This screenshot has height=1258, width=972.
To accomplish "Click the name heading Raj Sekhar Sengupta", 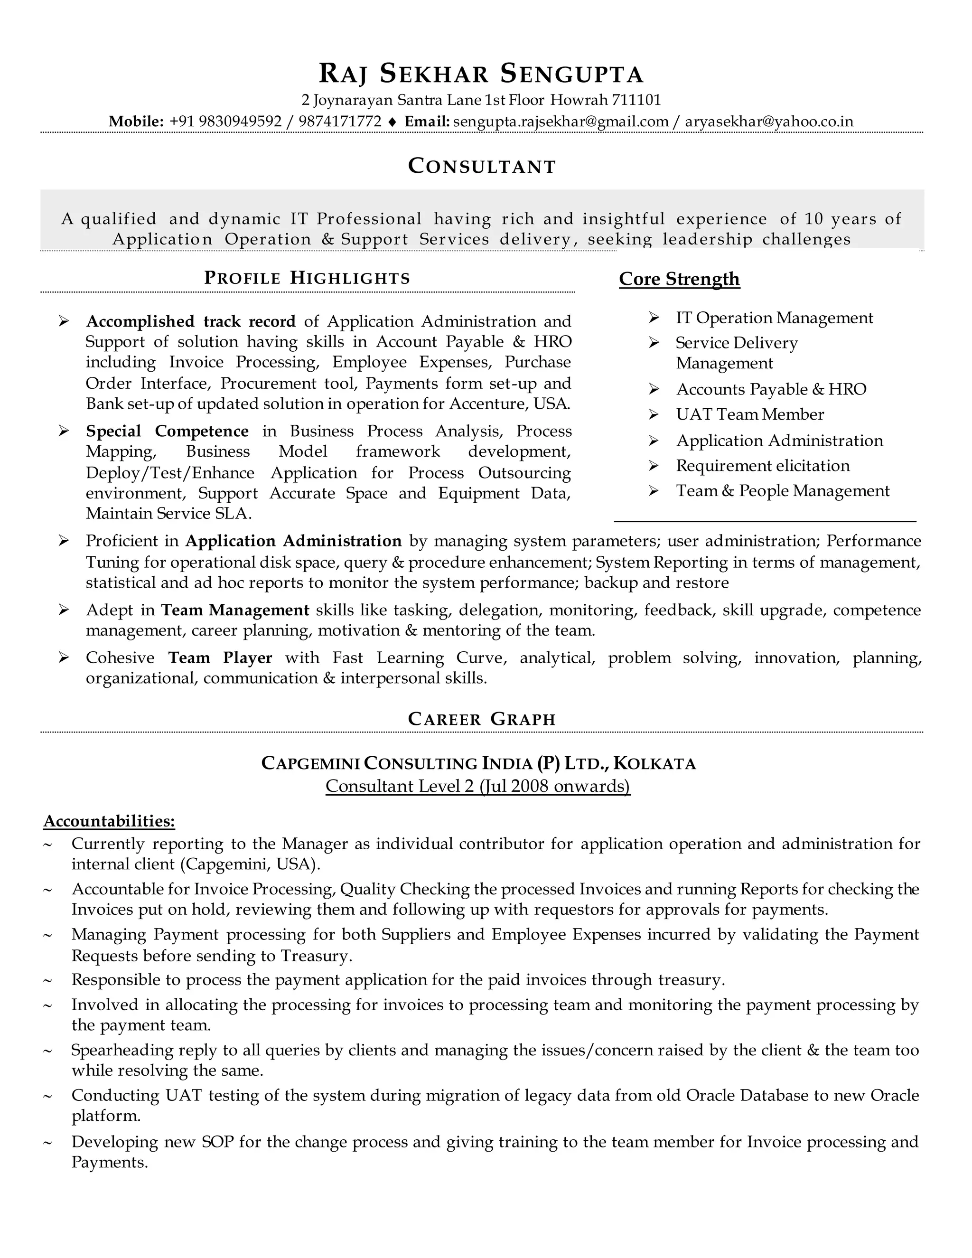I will pyautogui.click(x=481, y=74).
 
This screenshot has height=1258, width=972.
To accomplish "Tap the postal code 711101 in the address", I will pyautogui.click(x=636, y=100).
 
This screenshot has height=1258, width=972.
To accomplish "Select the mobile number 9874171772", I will pyautogui.click(x=340, y=122).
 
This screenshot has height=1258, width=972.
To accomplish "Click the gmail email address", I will pyautogui.click(x=561, y=122).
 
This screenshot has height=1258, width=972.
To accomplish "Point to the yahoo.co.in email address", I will pyautogui.click(x=769, y=122).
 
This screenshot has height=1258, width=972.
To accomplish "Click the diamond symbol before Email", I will pyautogui.click(x=393, y=122).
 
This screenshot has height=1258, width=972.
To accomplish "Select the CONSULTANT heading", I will pyautogui.click(x=481, y=167).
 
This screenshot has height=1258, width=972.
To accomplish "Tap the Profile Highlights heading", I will pyautogui.click(x=307, y=278).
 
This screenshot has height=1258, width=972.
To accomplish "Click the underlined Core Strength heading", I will pyautogui.click(x=679, y=279).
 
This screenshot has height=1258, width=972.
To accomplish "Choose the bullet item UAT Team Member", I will pyautogui.click(x=750, y=415).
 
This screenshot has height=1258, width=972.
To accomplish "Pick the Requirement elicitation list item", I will pyautogui.click(x=762, y=465).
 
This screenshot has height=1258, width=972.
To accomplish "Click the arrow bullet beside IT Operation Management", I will pyautogui.click(x=654, y=318).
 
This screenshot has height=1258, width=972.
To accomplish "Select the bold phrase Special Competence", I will pyautogui.click(x=167, y=431).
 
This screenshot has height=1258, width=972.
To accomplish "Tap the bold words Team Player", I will pyautogui.click(x=220, y=658).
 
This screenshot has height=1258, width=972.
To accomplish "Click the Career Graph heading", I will pyautogui.click(x=481, y=719).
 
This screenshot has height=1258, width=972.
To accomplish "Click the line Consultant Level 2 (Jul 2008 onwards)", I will pyautogui.click(x=477, y=786).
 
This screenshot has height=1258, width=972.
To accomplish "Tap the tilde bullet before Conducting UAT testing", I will pyautogui.click(x=48, y=1096).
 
